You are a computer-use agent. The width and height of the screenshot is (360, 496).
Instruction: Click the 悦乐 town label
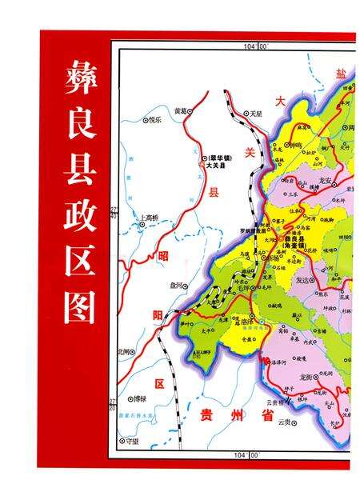(155, 120)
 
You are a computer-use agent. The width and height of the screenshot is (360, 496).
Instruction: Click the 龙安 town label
(325, 182)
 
